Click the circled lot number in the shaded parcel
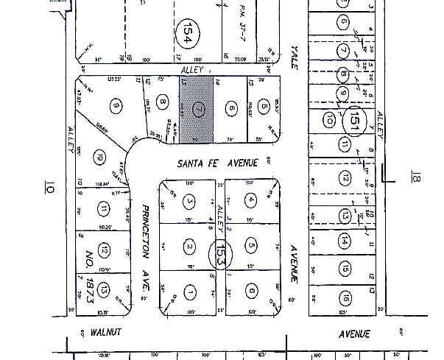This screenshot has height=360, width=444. point(197,109)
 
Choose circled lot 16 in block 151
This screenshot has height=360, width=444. point(344,297)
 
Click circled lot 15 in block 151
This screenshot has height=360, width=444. point(344,269)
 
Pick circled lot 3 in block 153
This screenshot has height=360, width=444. point(190,200)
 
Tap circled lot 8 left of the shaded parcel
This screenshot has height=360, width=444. point(163,105)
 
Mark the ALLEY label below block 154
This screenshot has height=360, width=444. point(193,69)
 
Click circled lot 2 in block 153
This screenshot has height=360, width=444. point(190,246)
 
